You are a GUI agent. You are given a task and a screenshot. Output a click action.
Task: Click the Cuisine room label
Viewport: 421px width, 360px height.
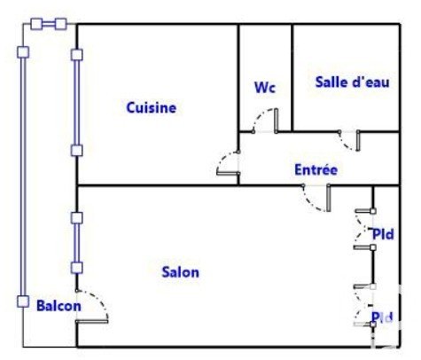[152, 107]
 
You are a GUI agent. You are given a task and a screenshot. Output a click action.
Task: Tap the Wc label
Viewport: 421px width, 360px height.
[265, 87]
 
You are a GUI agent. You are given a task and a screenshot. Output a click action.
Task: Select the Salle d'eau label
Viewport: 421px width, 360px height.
[352, 82]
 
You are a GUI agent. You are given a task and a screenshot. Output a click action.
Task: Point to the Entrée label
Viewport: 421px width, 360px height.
[316, 169]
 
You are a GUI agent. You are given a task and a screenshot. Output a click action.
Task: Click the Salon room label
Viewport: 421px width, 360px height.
[181, 272]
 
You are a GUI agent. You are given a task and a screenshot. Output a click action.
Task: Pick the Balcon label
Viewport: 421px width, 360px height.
[58, 305]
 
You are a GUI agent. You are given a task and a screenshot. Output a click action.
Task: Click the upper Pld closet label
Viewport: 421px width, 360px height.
[383, 234]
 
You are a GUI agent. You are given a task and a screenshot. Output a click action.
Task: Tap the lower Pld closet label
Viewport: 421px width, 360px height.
[382, 317]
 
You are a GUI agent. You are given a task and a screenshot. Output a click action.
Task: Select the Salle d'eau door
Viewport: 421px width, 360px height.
[349, 141]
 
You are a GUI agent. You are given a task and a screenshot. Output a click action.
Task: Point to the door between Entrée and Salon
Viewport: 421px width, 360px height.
[316, 198]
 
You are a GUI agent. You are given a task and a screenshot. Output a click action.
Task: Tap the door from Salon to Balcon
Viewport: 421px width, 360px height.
[92, 306]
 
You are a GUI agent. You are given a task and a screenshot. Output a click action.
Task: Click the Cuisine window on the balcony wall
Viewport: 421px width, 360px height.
[76, 103]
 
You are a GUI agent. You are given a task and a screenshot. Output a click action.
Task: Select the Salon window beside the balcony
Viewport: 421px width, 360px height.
[76, 243]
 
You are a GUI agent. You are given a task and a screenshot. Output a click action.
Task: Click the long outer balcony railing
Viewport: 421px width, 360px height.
[23, 176]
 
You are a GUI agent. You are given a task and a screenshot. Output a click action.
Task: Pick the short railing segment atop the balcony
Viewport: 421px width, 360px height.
[49, 24]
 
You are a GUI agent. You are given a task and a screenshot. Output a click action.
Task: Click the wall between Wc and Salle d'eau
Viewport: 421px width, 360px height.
[292, 77]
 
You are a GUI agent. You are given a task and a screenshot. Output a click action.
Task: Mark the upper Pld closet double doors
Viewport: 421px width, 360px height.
[364, 230]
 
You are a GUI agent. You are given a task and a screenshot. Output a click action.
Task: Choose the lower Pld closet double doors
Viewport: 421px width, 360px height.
[364, 306]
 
